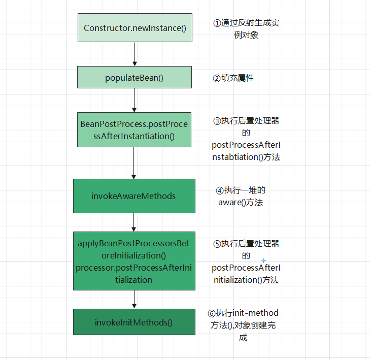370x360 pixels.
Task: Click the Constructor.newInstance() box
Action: [134, 28]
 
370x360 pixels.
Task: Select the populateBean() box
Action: [134, 78]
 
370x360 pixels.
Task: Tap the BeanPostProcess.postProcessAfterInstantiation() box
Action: [134, 130]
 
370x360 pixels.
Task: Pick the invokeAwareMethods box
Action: [134, 196]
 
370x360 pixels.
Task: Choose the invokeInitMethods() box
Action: [134, 322]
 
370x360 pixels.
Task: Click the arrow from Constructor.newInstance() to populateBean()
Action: [134, 54]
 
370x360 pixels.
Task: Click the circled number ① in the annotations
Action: [217, 23]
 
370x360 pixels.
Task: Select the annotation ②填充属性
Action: [233, 78]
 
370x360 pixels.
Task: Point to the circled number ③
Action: [217, 121]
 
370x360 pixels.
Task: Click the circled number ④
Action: [220, 190]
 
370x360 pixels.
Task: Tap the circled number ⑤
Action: [217, 244]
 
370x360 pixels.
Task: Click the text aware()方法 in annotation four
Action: [241, 202]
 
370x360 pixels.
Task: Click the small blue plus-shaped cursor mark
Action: [263, 260]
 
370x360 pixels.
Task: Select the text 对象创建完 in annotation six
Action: [252, 325]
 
